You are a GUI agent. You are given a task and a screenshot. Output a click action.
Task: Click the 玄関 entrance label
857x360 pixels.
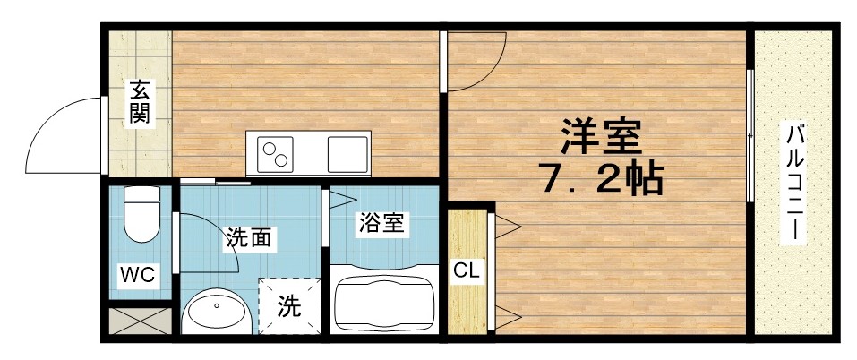point(139,101)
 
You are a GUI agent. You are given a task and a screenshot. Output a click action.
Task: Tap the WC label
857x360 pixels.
point(139,274)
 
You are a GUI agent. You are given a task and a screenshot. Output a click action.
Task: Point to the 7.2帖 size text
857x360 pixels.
point(600,180)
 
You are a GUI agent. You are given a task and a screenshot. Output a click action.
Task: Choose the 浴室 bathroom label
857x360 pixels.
point(381,223)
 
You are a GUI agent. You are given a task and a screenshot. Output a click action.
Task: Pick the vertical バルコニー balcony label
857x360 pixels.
point(793,184)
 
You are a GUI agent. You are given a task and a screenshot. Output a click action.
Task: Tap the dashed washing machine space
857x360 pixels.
point(288,306)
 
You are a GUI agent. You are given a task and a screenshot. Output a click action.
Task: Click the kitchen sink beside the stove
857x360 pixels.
point(348,153)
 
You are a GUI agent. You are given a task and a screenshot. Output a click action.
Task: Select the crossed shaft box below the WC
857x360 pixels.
point(139,321)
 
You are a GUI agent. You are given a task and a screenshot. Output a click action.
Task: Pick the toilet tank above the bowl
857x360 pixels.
point(141,194)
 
